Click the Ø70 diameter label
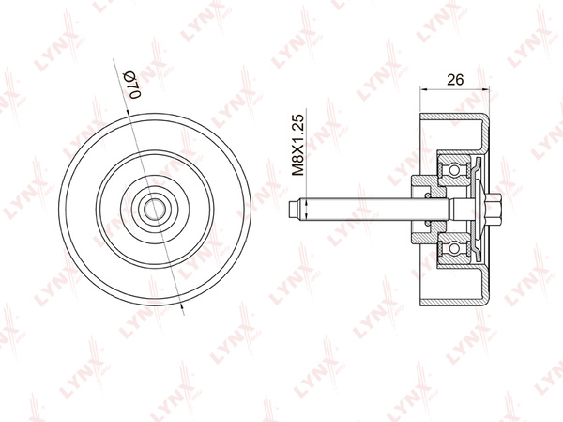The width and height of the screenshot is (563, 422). (x=131, y=84)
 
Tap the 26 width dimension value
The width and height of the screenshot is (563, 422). (x=456, y=81)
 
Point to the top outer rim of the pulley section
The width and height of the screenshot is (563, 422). (x=455, y=120)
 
